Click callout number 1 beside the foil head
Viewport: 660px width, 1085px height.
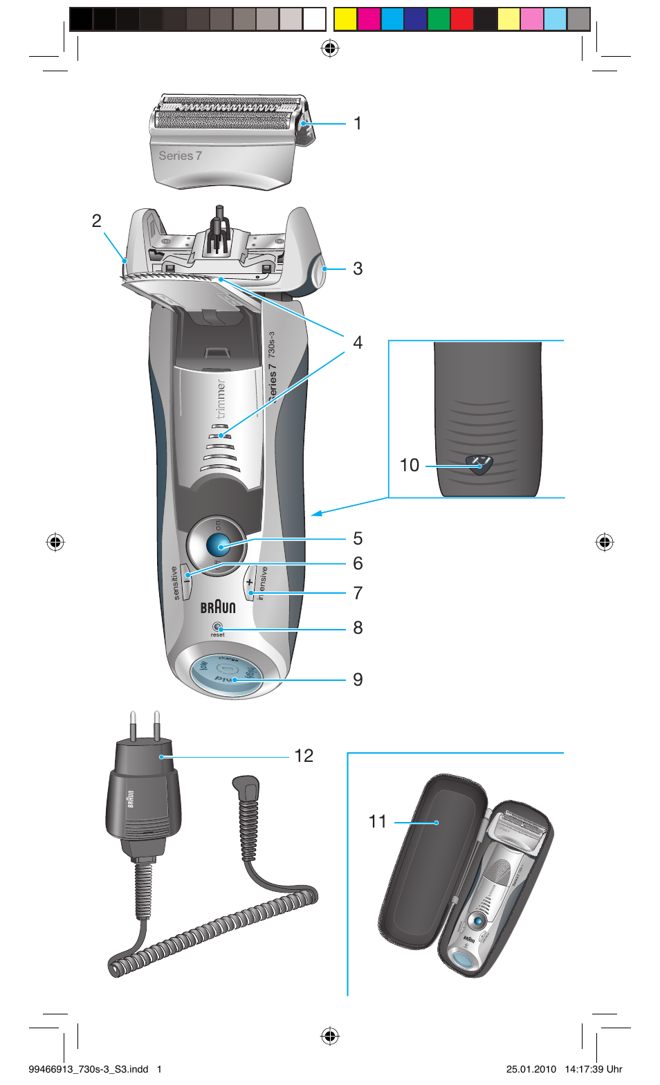coord(357,124)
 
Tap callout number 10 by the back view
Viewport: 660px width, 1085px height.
coord(410,465)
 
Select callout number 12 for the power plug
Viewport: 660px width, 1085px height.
coord(304,756)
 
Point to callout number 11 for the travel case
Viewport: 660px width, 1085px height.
coord(378,822)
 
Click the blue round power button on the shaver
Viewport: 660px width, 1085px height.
coord(219,546)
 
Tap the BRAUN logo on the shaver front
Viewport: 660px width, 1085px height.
coord(218,608)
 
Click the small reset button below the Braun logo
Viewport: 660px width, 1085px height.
coord(218,627)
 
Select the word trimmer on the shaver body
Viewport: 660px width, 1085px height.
coord(221,399)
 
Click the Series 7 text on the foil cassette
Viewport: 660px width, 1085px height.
coord(180,156)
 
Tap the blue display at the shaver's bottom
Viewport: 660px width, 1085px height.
coord(226,672)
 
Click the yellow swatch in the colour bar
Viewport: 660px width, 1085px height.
coord(345,19)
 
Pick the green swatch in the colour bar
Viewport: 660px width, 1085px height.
coord(439,19)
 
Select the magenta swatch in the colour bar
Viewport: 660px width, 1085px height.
coord(369,19)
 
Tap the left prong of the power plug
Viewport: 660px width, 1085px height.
coord(132,725)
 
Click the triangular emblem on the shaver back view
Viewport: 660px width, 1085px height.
coord(479,464)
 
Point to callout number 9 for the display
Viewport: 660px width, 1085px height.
coord(357,680)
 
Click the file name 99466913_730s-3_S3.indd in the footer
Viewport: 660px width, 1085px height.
coord(89,1069)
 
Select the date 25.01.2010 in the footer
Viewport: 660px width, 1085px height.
coord(531,1069)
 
